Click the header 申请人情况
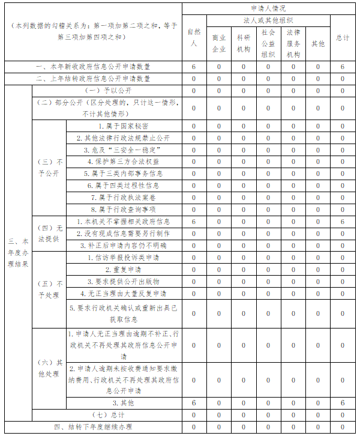pyautogui.click(x=268, y=8)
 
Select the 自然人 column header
pyautogui.click(x=193, y=37)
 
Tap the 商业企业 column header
pyautogui.click(x=218, y=43)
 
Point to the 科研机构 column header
pyautogui.click(x=244, y=43)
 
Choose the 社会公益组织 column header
pyautogui.click(x=268, y=43)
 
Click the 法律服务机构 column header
pyautogui.click(x=293, y=43)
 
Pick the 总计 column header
pyautogui.click(x=343, y=37)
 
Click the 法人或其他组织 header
pyautogui.click(x=268, y=20)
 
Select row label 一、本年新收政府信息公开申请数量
pyautogui.click(x=92, y=67)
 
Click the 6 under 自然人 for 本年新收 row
pyautogui.click(x=193, y=67)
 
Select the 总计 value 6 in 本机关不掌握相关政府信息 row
pyautogui.click(x=343, y=222)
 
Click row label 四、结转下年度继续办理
pyautogui.click(x=92, y=427)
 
